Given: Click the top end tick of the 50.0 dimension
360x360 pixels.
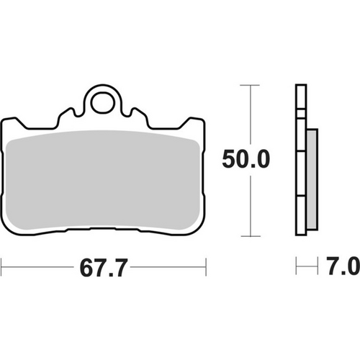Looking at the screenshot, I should pos(249,85).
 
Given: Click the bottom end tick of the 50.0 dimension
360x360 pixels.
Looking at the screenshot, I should pos(249,235).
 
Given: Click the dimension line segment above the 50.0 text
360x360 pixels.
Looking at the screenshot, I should pos(249,115).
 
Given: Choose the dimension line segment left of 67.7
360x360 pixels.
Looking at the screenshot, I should pos(40,269).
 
